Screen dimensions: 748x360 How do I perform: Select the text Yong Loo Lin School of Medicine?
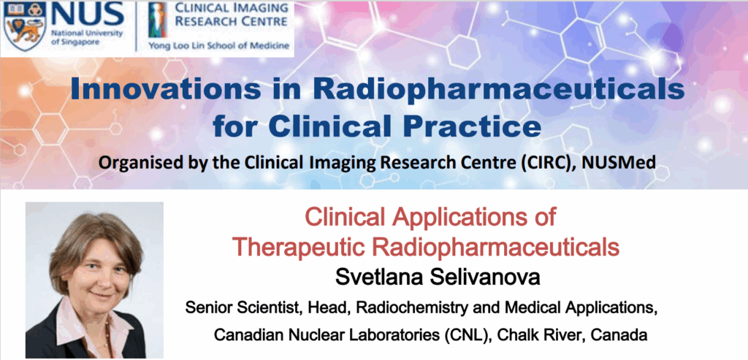click(219, 46)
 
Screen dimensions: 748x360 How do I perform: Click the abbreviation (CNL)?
click(465, 335)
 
